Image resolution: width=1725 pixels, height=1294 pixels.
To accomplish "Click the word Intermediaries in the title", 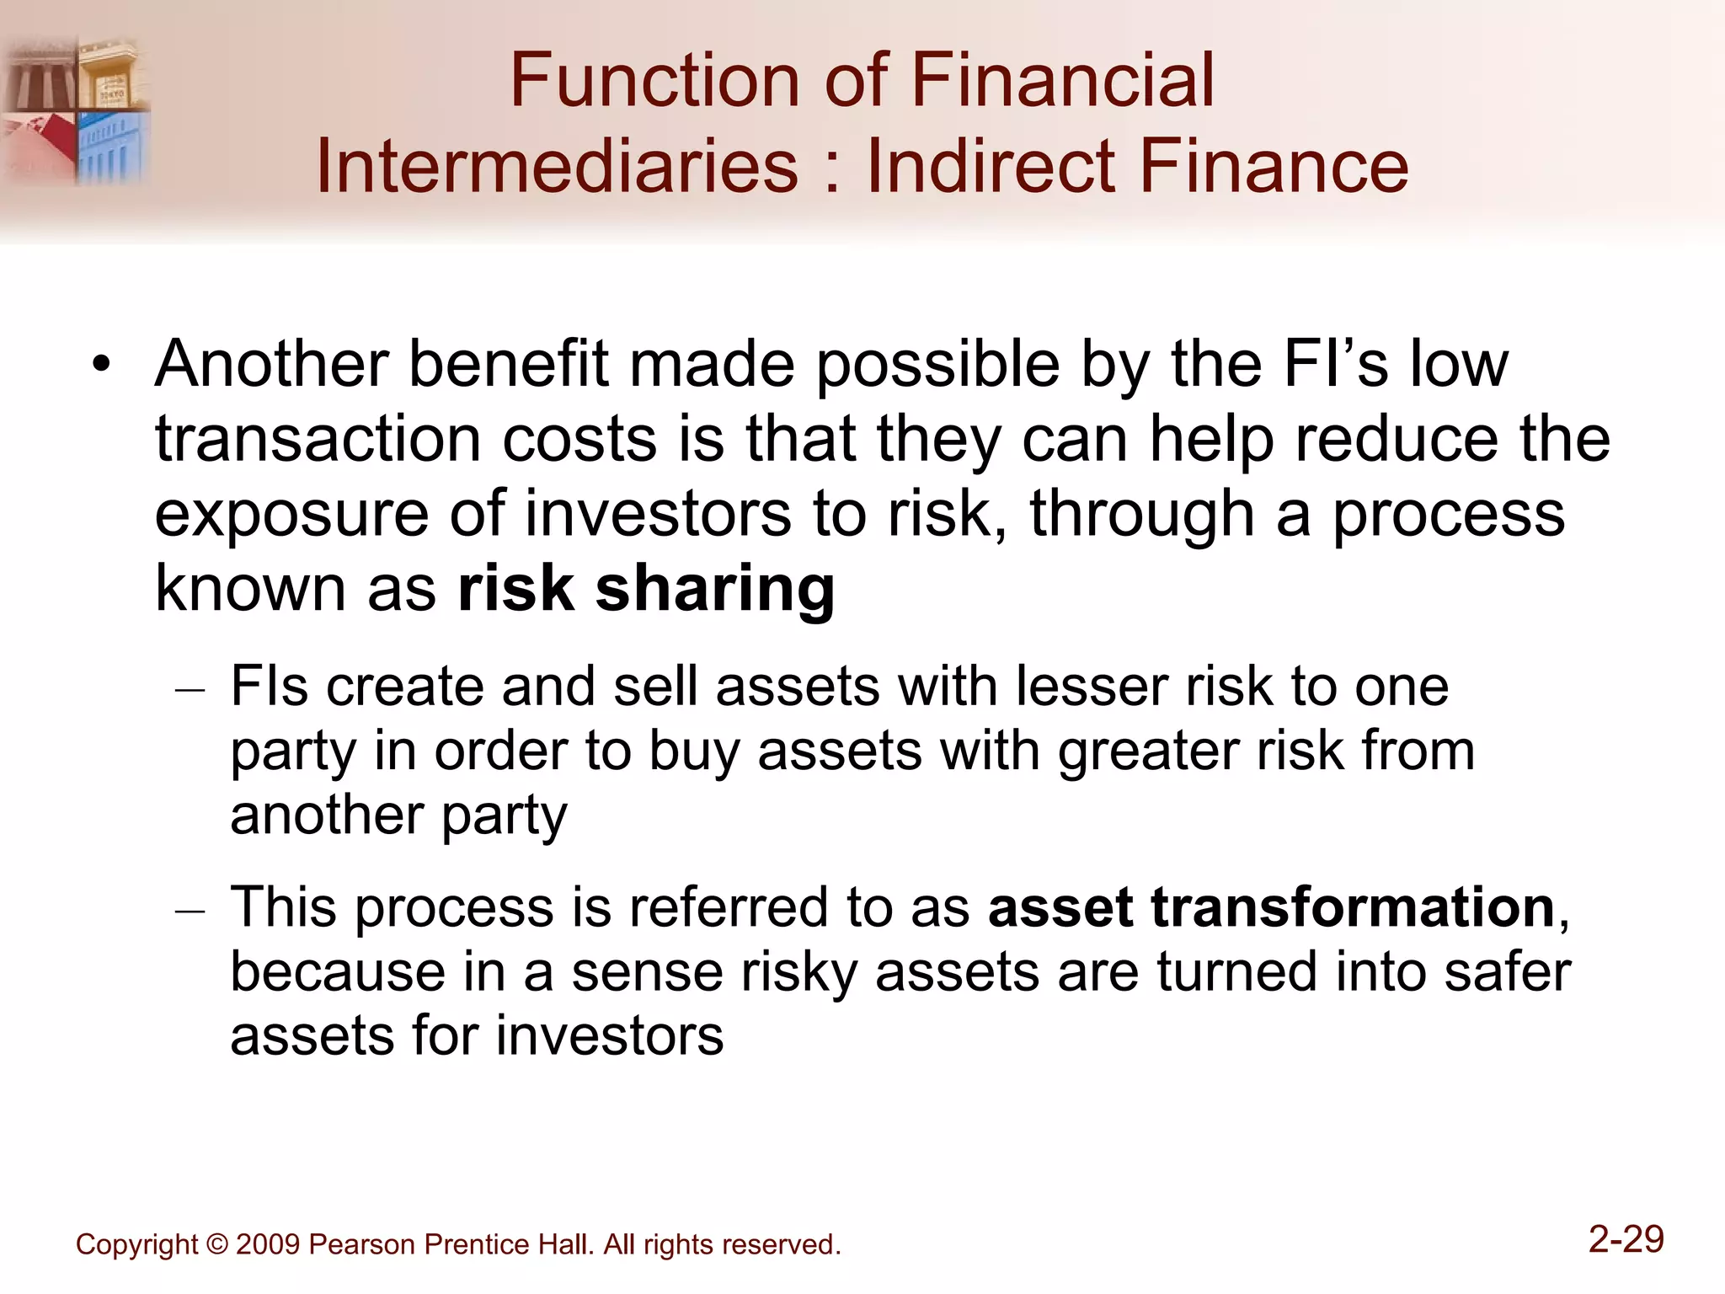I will [x=557, y=166].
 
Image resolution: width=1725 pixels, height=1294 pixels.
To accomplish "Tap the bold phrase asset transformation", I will [x=1271, y=907].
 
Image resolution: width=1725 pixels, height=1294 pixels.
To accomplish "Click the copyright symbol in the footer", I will [x=216, y=1244].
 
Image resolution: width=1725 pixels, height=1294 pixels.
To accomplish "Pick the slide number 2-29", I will [x=1626, y=1239].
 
